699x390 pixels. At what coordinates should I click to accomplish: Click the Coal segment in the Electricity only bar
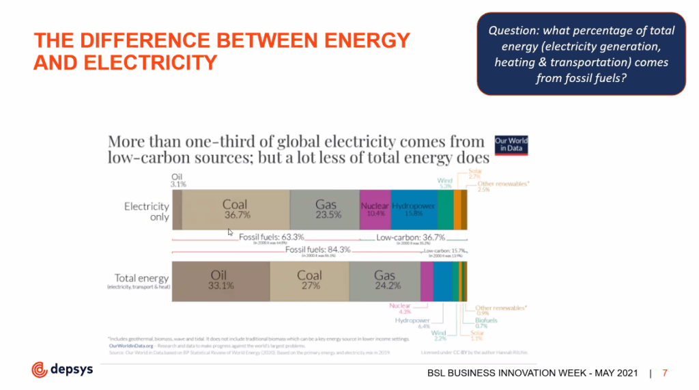point(236,210)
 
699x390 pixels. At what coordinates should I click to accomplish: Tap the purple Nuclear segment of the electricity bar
point(375,210)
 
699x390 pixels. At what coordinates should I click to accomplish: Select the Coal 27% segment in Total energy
point(310,281)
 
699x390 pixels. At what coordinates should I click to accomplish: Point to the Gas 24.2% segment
point(384,281)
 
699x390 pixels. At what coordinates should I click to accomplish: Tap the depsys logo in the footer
point(62,370)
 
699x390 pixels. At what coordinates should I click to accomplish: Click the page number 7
point(665,373)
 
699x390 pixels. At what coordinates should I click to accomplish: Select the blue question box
point(581,54)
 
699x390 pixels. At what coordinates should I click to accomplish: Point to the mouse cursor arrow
point(230,232)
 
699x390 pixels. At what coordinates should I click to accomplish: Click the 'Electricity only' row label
point(146,210)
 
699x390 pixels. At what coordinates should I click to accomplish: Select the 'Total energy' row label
point(137,279)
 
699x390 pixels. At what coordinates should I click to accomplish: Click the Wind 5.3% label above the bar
point(444,183)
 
